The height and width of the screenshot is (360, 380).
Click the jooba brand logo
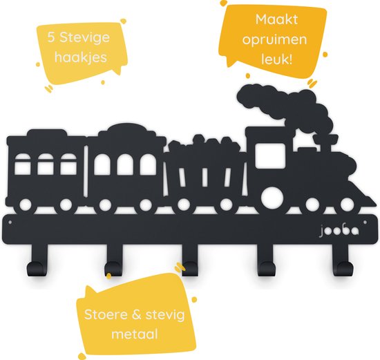pos(339,231)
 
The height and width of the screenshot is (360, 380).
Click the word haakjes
pos(81,57)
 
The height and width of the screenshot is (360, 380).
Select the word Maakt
pos(276,19)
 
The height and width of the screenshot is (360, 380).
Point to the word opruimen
pos(274,40)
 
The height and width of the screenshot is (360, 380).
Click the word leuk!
pos(276,59)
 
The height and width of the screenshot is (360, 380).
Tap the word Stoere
pos(105,314)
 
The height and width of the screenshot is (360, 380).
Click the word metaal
pos(135,334)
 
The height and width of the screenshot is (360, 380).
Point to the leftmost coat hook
pos(37,263)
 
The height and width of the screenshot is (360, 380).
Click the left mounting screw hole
pos(10,222)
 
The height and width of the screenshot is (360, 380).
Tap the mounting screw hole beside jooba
pos(365,222)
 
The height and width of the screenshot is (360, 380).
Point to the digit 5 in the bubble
pos(51,38)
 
